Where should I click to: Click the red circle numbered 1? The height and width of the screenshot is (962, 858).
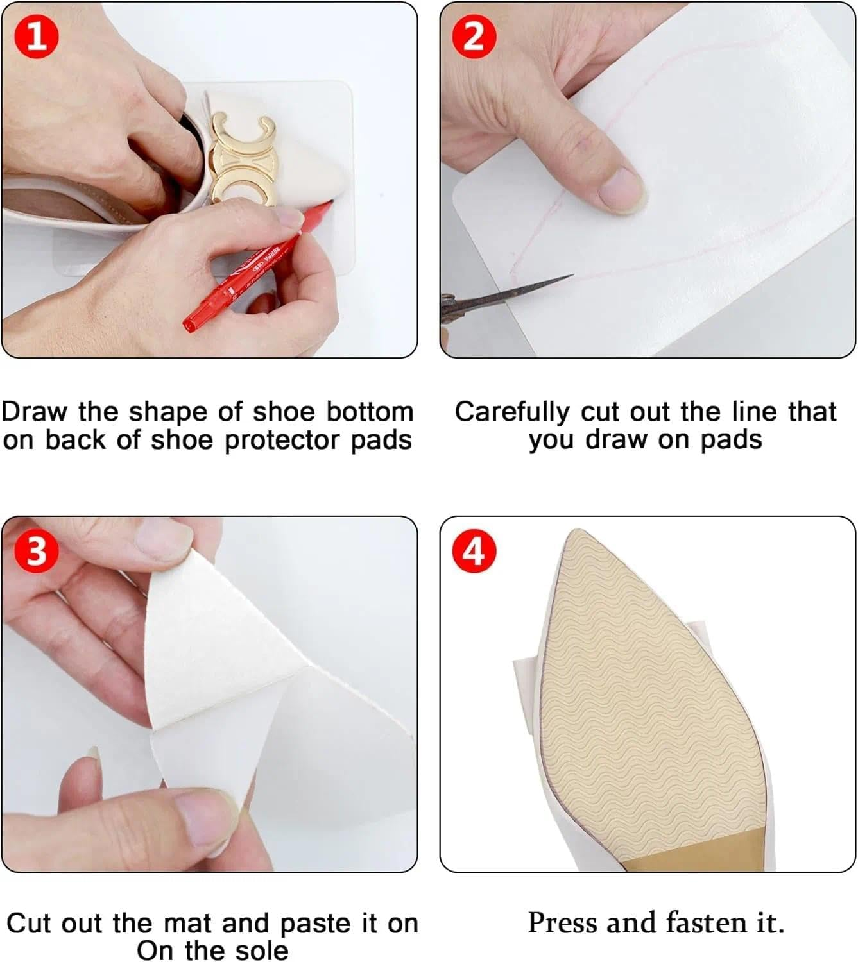[37, 36]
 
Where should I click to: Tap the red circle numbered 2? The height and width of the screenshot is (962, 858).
[474, 36]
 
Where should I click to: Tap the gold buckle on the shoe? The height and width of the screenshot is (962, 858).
[241, 157]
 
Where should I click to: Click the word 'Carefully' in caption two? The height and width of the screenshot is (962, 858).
[511, 412]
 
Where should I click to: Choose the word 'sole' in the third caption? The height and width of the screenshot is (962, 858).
[261, 950]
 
